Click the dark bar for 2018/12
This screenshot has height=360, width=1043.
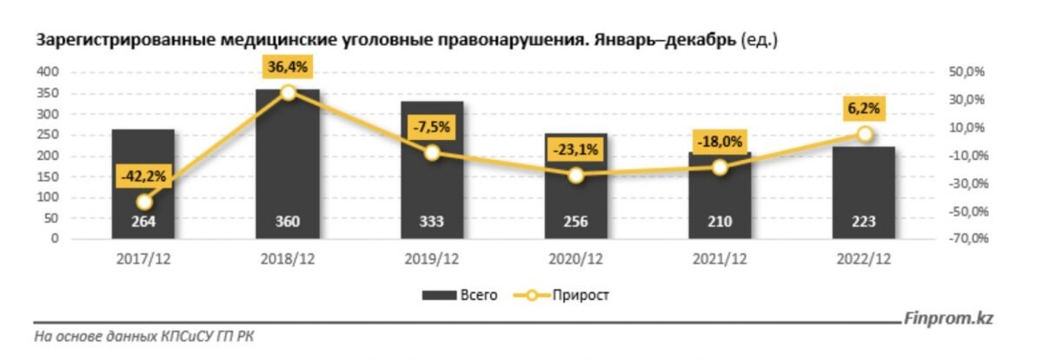(x=288, y=165)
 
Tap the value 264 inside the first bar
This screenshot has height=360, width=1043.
(x=143, y=222)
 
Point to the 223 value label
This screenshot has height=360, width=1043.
(x=863, y=222)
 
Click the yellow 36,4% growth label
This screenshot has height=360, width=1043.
(x=288, y=65)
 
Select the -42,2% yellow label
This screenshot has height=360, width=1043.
(x=143, y=177)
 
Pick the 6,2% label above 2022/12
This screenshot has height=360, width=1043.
(x=863, y=108)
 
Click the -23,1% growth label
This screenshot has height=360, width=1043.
(x=575, y=150)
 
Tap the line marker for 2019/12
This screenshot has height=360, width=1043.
(x=432, y=153)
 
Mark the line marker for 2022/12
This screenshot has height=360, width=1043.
(x=864, y=134)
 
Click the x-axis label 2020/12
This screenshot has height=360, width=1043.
(x=575, y=259)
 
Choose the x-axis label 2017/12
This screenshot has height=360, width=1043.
(x=143, y=259)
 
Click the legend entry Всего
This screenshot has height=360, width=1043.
(x=460, y=296)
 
